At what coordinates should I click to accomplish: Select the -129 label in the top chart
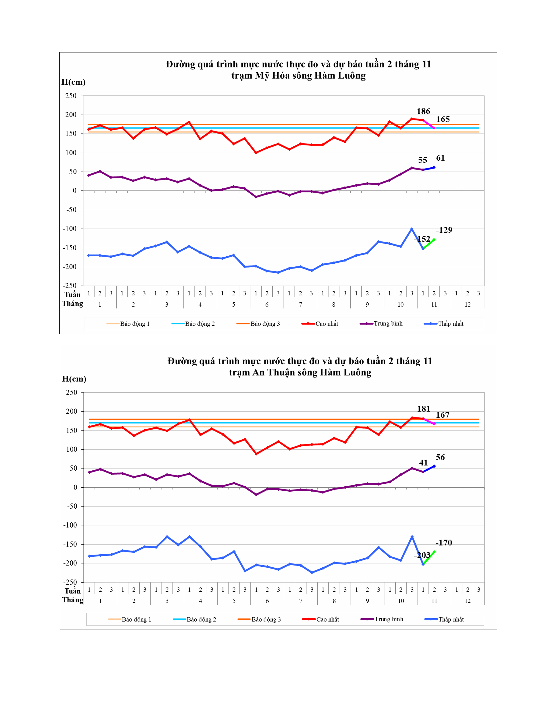click(x=444, y=230)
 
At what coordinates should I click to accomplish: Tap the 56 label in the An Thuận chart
click(x=440, y=457)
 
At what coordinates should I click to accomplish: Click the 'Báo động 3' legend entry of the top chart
click(x=265, y=324)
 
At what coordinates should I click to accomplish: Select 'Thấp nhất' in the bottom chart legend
click(x=451, y=619)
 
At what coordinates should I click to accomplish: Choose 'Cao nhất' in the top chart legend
click(x=327, y=324)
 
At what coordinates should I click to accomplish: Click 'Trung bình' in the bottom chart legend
click(x=389, y=619)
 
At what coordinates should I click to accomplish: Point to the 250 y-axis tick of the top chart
click(x=71, y=96)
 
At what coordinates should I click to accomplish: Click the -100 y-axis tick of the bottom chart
click(x=70, y=525)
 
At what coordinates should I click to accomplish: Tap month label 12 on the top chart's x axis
click(x=467, y=305)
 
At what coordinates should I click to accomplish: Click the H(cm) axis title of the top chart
click(x=73, y=82)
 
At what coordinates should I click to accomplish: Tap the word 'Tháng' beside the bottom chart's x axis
click(x=73, y=600)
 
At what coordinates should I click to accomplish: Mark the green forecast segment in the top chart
click(x=429, y=244)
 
